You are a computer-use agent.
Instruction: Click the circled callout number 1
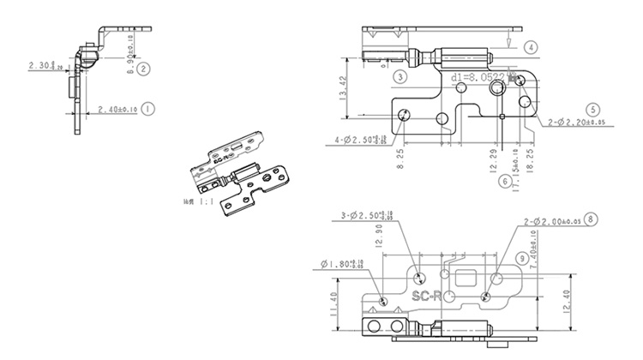(x=148, y=109)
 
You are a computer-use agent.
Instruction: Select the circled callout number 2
(x=144, y=68)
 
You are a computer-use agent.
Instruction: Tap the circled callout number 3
(x=400, y=76)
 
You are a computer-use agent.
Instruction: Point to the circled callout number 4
(x=532, y=47)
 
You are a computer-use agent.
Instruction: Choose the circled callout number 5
(x=592, y=110)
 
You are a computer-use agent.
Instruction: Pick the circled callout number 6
(x=505, y=181)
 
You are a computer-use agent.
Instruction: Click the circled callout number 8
(x=591, y=219)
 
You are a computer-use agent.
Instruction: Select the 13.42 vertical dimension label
(x=343, y=89)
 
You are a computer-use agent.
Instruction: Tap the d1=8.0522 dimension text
(x=479, y=77)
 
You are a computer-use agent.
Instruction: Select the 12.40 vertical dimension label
(x=590, y=301)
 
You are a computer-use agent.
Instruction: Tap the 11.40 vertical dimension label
(x=333, y=303)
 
